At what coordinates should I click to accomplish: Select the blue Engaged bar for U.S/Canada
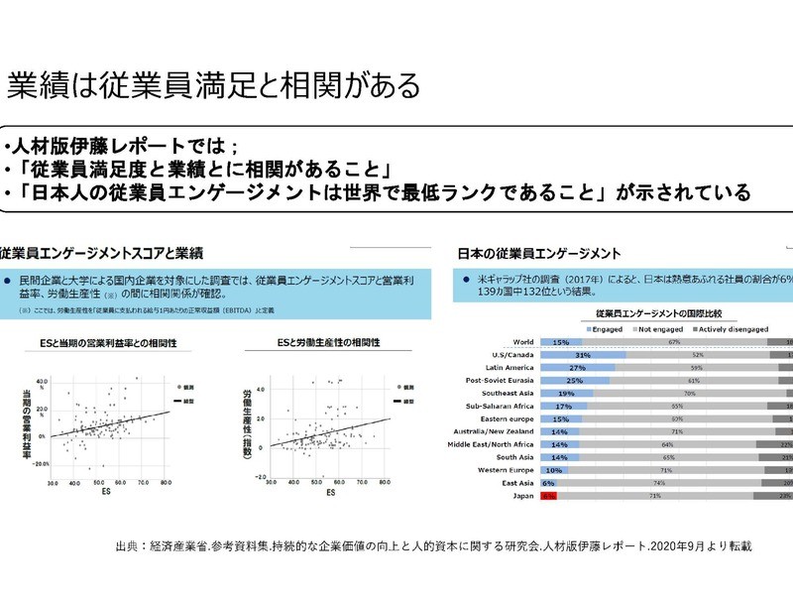[x=583, y=353]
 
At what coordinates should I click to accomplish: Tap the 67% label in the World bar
[x=674, y=340]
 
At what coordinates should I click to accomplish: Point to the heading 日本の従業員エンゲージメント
[x=539, y=255]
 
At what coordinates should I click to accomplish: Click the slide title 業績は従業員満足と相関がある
[x=212, y=83]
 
